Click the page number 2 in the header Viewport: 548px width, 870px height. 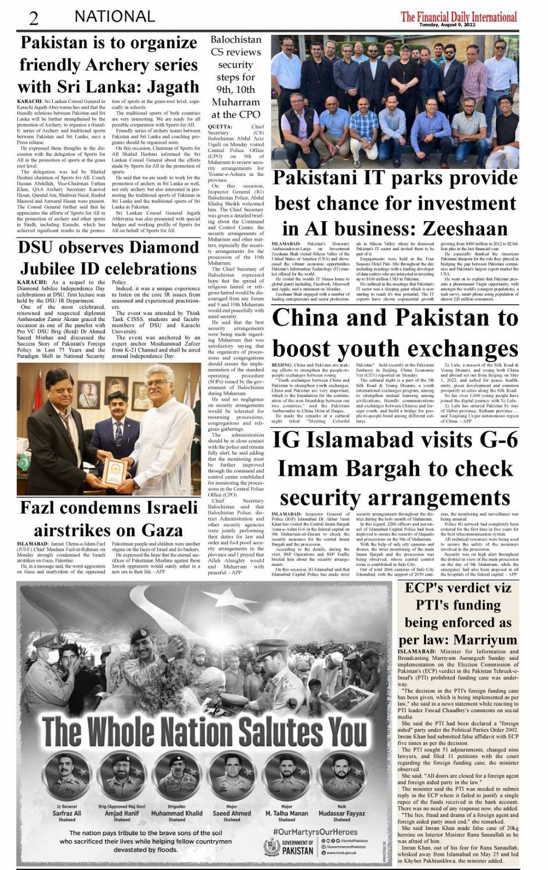pos(34,17)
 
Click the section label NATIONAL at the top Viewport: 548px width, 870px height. pos(114,17)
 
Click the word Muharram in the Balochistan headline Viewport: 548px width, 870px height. pos(235,102)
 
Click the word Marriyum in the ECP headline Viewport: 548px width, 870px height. pos(486,640)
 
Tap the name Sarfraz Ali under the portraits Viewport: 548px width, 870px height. pos(67,813)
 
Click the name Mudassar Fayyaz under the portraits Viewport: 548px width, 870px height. pos(342,813)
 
